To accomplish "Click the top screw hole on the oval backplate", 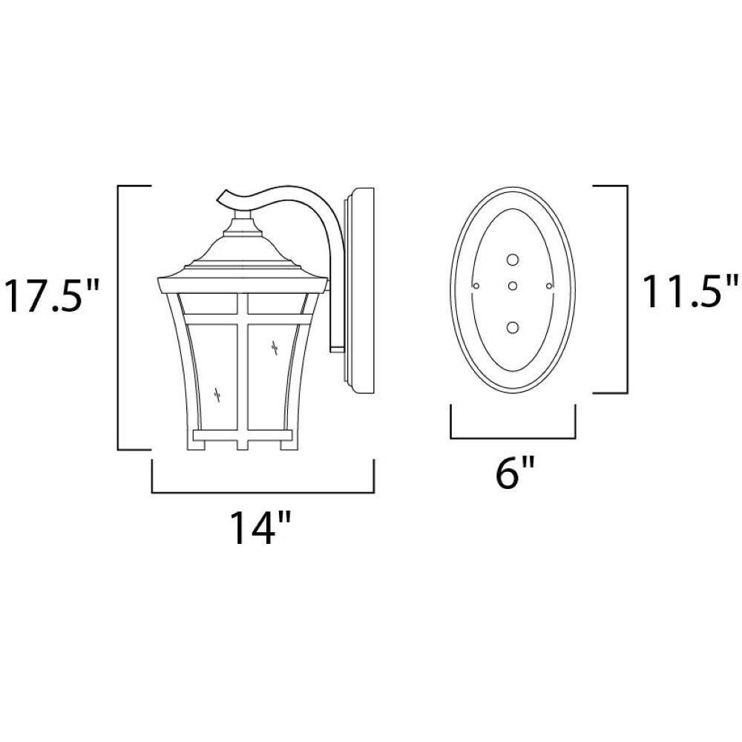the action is pyautogui.click(x=513, y=259).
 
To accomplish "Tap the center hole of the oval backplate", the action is pyautogui.click(x=513, y=286).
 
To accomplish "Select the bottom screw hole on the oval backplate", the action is pyautogui.click(x=513, y=327).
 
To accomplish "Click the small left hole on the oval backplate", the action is pyautogui.click(x=476, y=286).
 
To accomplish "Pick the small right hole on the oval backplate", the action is pyautogui.click(x=549, y=286).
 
